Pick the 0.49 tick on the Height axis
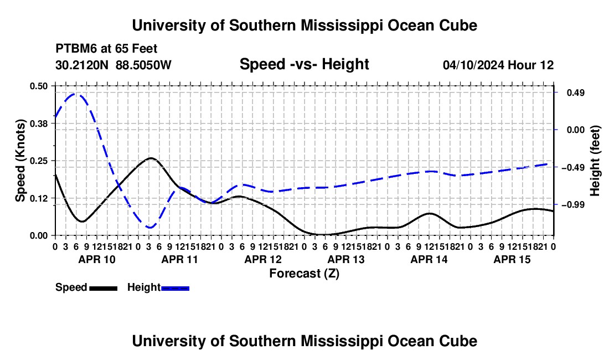576,92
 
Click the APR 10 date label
97,259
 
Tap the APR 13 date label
346,259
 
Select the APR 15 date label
512,259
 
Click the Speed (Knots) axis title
20,161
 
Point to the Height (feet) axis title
595,161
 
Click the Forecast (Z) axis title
304,274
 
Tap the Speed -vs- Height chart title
304,64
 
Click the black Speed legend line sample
104,288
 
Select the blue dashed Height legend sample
175,288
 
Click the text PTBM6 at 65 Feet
106,49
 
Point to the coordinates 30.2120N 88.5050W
113,65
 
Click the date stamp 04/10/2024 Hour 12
498,65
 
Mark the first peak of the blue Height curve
75,94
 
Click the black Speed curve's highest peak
151,158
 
